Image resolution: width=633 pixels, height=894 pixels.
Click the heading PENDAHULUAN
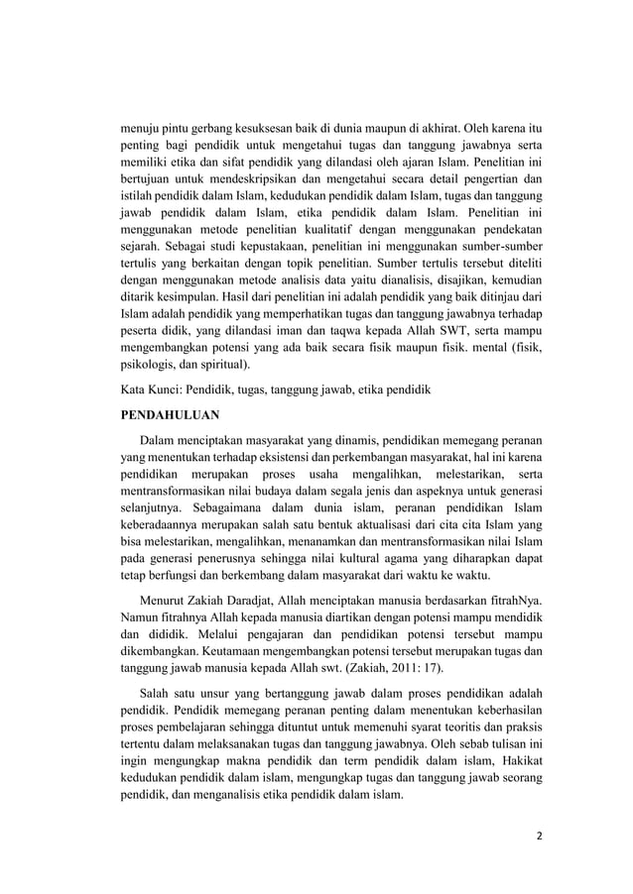coord(170,413)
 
